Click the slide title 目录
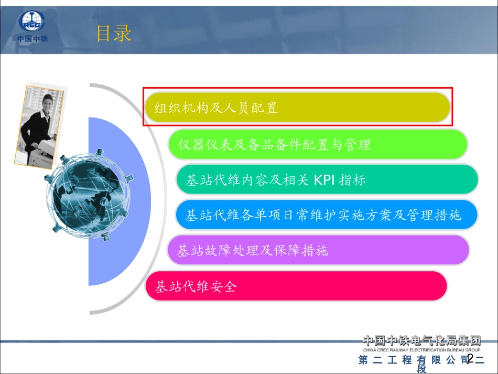tap(113, 34)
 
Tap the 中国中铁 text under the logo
tap(32, 39)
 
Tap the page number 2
tap(470, 359)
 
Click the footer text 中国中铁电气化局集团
tap(422, 340)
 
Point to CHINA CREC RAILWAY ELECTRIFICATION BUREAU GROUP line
tap(422, 349)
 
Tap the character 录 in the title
tap(122, 34)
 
